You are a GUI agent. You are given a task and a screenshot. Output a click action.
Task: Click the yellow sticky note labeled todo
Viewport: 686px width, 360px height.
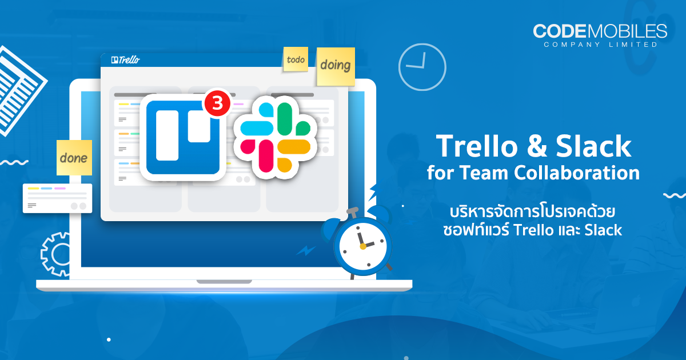[x=296, y=59]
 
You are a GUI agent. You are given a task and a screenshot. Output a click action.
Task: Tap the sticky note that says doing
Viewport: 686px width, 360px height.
[x=336, y=66]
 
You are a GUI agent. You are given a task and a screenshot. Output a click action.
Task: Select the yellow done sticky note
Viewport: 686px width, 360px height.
[x=74, y=158]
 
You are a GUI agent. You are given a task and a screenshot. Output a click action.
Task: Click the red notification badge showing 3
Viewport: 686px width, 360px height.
[x=217, y=103]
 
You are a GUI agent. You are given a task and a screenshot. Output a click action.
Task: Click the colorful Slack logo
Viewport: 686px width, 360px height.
[x=276, y=138]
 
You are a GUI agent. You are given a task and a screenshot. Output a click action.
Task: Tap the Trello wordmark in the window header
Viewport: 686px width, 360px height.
[x=126, y=59]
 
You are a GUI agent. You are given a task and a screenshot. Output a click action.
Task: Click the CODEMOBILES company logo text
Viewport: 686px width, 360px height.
[x=600, y=31]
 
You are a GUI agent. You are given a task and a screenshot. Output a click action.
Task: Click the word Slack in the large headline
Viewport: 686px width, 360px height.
[x=593, y=146]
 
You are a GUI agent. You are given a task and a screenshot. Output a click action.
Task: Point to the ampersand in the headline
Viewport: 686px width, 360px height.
[x=537, y=147]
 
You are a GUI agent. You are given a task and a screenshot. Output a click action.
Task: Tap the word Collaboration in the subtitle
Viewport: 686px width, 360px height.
[x=577, y=173]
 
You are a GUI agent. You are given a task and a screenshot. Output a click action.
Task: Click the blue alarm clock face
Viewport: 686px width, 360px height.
[x=363, y=246]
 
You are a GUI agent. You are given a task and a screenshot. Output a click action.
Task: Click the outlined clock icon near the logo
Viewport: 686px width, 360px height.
[x=422, y=67]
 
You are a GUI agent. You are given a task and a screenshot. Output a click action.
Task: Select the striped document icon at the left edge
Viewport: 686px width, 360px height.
[x=18, y=91]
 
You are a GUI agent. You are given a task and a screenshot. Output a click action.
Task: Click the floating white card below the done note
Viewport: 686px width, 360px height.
[x=57, y=198]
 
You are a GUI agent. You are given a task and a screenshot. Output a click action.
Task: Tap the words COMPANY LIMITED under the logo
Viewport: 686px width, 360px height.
[x=601, y=45]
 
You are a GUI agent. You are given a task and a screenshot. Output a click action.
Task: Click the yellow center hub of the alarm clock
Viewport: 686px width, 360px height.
[x=363, y=246]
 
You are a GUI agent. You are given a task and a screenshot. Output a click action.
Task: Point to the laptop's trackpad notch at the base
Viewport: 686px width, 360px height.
[x=224, y=282]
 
